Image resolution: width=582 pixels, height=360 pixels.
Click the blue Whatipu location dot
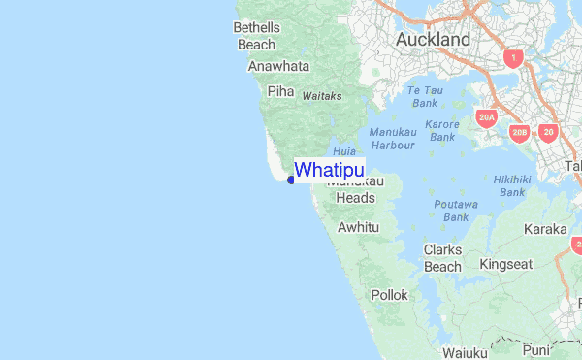[291, 180]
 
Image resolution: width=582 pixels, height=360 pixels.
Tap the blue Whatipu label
[330, 170]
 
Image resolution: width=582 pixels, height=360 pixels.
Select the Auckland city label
[433, 40]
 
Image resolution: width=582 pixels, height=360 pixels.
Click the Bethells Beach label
[256, 36]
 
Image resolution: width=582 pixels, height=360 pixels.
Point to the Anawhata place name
[278, 67]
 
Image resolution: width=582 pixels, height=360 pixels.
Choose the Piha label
[280, 91]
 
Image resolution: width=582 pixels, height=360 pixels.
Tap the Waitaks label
[322, 97]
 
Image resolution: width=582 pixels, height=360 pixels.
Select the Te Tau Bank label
[425, 96]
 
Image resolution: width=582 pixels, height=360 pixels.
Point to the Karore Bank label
[442, 131]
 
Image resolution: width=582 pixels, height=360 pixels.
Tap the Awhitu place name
[357, 227]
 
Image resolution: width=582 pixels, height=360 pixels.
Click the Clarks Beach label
[442, 258]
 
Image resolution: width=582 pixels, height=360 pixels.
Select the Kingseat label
[506, 263]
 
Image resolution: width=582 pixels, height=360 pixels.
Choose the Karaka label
[544, 229]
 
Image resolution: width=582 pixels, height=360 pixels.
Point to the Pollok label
[389, 294]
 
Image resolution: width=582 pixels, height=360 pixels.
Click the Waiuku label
[464, 352]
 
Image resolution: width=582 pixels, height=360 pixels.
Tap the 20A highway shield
[487, 118]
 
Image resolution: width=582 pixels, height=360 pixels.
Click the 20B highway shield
[520, 132]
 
